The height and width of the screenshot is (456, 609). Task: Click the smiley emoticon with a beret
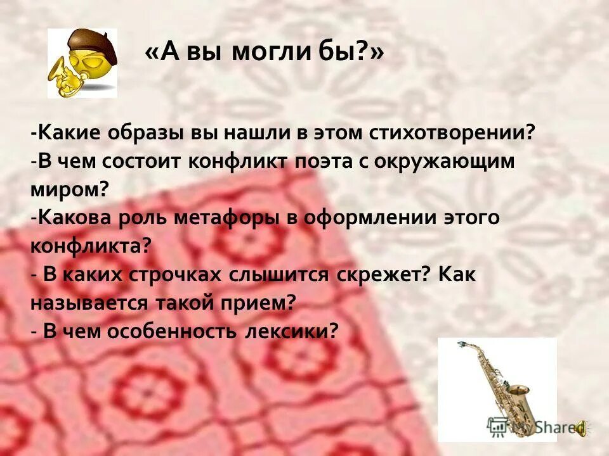(82, 63)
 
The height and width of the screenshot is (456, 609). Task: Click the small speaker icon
(581, 429)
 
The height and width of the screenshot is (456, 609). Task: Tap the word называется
(88, 303)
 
